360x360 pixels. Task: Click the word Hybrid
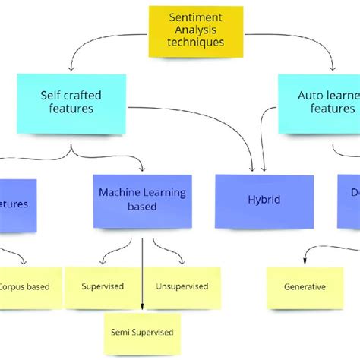click(x=264, y=199)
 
